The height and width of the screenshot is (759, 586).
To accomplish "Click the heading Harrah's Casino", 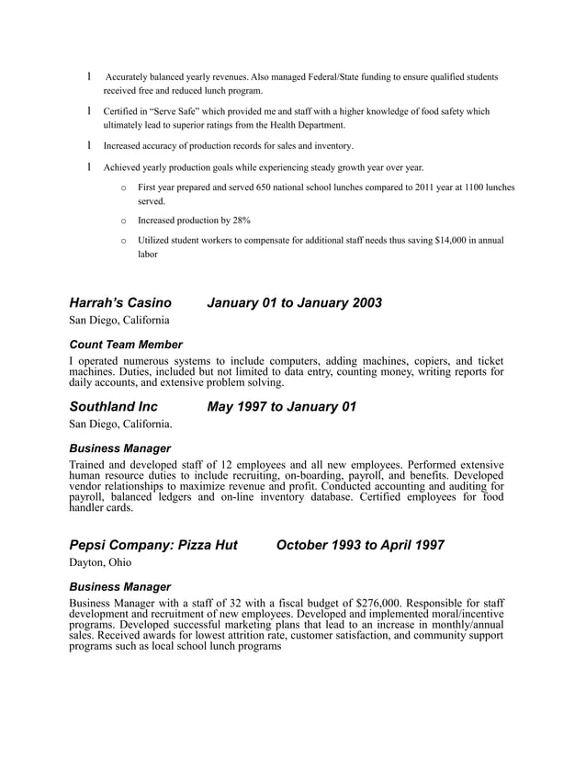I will (119, 303).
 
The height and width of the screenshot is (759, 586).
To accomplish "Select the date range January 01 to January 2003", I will (294, 303).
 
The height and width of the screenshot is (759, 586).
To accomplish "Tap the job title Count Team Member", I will (126, 345).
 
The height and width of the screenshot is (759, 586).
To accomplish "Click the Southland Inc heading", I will (113, 407).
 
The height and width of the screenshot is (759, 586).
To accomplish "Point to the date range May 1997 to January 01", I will (281, 407).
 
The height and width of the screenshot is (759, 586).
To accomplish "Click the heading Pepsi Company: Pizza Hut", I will (153, 545).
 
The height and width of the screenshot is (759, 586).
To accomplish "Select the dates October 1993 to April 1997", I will (360, 545).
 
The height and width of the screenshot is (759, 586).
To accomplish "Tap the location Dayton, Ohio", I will (100, 561).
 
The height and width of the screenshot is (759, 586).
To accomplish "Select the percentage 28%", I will (241, 221).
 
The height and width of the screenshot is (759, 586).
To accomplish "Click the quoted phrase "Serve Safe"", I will (174, 111).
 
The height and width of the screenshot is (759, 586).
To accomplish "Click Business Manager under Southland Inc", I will (119, 448).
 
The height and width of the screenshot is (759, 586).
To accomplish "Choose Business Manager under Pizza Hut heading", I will (119, 586).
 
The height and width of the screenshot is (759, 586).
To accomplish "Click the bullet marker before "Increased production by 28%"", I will (124, 221).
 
